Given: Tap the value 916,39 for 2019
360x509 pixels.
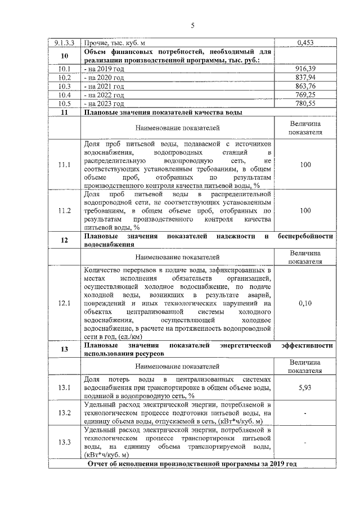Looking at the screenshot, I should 304,69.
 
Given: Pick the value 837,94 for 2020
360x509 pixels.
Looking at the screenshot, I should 304,78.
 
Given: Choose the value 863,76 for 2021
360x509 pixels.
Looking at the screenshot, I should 304,87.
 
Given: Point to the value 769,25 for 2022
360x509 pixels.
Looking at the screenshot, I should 304,96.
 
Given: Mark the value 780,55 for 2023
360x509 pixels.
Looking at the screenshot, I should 304,104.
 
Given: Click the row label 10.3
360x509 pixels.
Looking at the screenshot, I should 64,87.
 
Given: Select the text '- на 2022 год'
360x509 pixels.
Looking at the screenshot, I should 103,96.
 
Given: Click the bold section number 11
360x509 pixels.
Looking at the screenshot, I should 64,113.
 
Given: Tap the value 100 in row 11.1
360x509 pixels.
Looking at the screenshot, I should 305,165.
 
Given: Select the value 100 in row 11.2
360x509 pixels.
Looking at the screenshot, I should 305,210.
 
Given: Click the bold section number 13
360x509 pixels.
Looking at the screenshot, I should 64,350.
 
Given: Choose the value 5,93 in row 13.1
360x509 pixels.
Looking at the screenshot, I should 305,388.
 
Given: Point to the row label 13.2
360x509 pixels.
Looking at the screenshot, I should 64,414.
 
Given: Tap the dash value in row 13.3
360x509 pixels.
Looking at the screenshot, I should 305,442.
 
